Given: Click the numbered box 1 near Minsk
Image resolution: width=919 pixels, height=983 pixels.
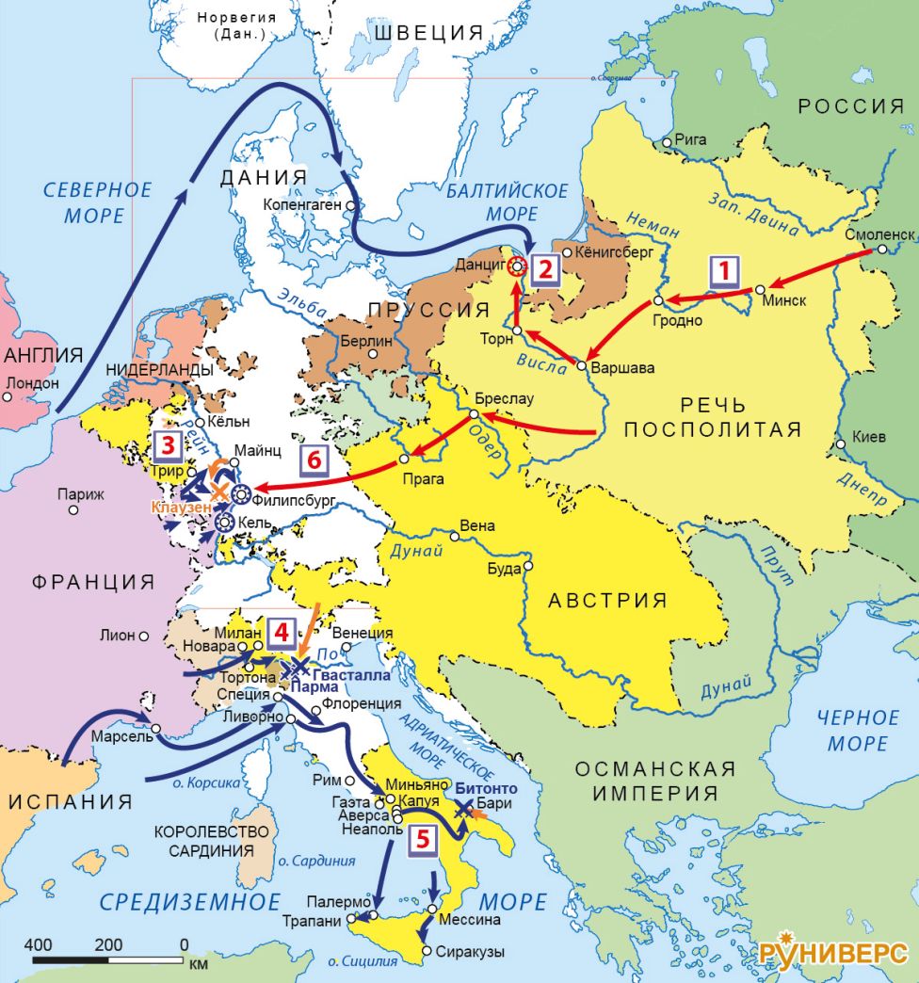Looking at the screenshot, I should pyautogui.click(x=724, y=272).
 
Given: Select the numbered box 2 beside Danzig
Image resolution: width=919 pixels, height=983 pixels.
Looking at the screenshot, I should pyautogui.click(x=544, y=269).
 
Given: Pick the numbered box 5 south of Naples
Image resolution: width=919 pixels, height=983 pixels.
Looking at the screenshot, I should pyautogui.click(x=423, y=839).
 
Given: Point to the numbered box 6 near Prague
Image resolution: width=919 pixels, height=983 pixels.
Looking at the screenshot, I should pyautogui.click(x=315, y=461).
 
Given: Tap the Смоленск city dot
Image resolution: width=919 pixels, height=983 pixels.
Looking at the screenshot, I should pyautogui.click(x=881, y=250).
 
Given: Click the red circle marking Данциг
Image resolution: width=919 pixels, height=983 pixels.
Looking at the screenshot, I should pyautogui.click(x=516, y=266).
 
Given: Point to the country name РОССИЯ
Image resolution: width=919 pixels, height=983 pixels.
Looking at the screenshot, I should pyautogui.click(x=845, y=106).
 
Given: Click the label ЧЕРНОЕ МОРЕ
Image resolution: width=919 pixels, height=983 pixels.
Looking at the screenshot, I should pyautogui.click(x=857, y=730).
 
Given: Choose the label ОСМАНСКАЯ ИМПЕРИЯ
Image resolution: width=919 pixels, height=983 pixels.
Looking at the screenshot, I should pyautogui.click(x=656, y=781).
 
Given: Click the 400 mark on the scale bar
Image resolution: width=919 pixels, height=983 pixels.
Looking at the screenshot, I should pyautogui.click(x=38, y=944).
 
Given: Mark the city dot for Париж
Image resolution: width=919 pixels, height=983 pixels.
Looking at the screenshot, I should pyautogui.click(x=73, y=510).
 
